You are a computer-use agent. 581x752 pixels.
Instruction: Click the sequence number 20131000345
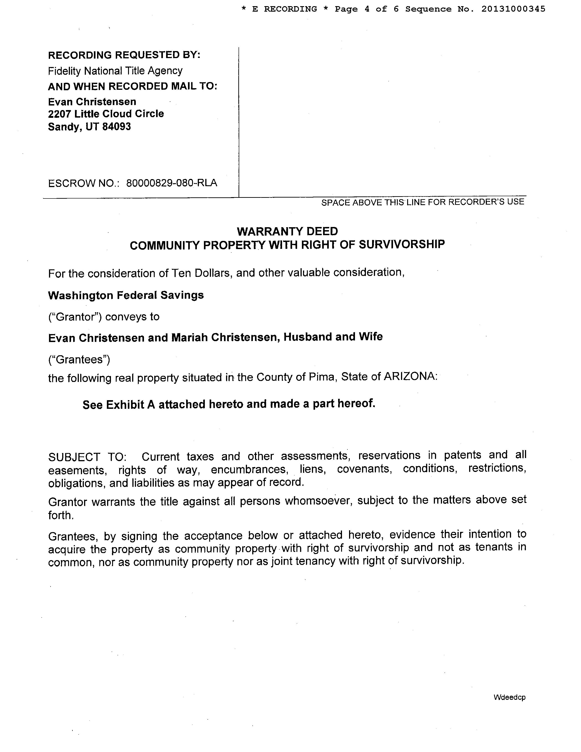513,9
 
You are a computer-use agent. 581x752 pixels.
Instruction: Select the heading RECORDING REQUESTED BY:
124,55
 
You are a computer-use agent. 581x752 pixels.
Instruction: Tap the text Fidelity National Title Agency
115,71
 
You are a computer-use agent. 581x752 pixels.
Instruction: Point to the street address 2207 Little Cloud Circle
106,114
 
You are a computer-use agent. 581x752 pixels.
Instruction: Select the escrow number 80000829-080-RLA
171,183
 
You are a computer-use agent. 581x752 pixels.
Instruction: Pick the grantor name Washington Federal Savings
126,295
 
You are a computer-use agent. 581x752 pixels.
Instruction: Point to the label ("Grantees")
79,359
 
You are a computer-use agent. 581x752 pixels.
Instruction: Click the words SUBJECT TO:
87,457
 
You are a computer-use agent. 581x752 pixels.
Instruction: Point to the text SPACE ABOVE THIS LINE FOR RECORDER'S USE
423,202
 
